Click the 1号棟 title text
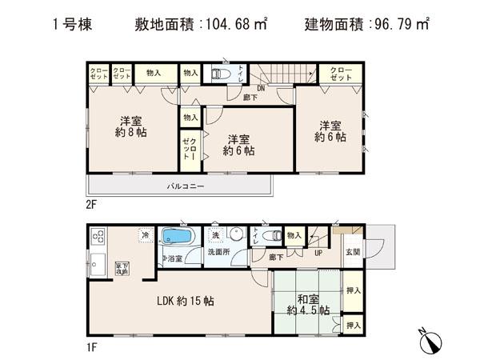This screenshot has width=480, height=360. [74, 24]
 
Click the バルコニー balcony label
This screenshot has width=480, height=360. [186, 186]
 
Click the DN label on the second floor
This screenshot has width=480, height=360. [261, 89]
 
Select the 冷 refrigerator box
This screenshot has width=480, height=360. [145, 234]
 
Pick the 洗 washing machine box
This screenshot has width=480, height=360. [214, 235]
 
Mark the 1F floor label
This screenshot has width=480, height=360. [91, 346]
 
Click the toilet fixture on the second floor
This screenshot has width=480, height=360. [219, 74]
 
